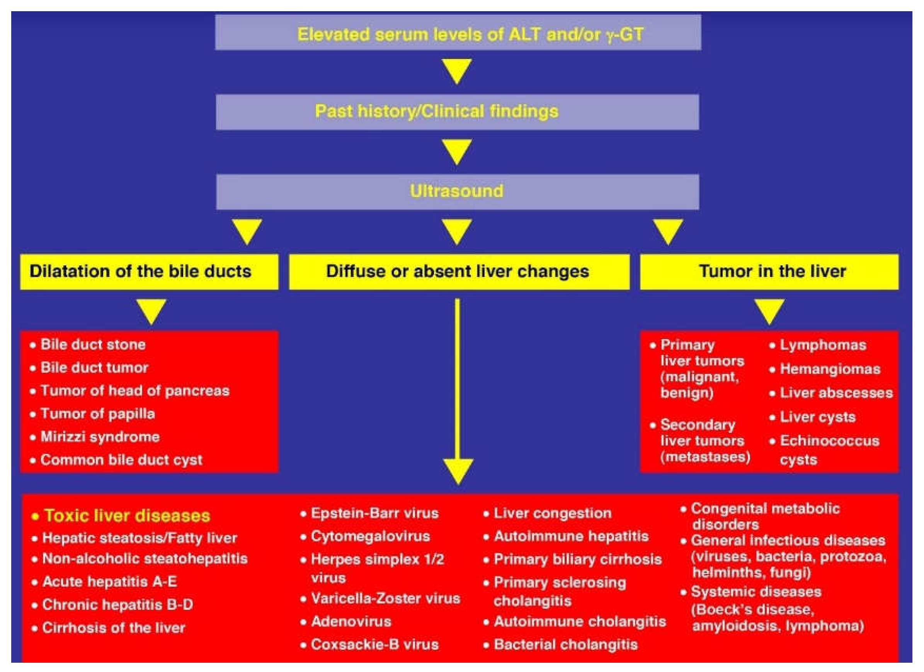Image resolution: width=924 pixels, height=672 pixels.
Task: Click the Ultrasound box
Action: point(457,192)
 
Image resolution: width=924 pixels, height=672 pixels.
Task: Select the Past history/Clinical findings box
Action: point(457,112)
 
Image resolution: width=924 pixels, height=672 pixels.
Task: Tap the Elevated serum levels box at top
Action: point(458,33)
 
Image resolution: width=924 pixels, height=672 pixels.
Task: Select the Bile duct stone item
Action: point(93,344)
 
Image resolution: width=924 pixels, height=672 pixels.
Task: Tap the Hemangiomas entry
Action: point(829,369)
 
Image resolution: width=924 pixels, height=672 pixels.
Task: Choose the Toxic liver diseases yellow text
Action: point(127,516)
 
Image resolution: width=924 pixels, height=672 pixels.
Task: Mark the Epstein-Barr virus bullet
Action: point(374,513)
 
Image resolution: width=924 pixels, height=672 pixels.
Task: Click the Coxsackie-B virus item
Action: point(374,645)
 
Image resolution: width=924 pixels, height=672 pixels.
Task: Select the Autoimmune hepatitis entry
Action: point(570,536)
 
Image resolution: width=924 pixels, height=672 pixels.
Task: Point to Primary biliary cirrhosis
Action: point(577,560)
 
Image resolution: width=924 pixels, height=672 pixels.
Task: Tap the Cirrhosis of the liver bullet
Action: point(113,628)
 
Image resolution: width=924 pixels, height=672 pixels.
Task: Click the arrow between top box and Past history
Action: point(457,70)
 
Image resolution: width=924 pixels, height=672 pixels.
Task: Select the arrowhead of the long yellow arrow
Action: point(458,470)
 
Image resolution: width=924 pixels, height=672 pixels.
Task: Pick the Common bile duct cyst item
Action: point(121,460)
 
